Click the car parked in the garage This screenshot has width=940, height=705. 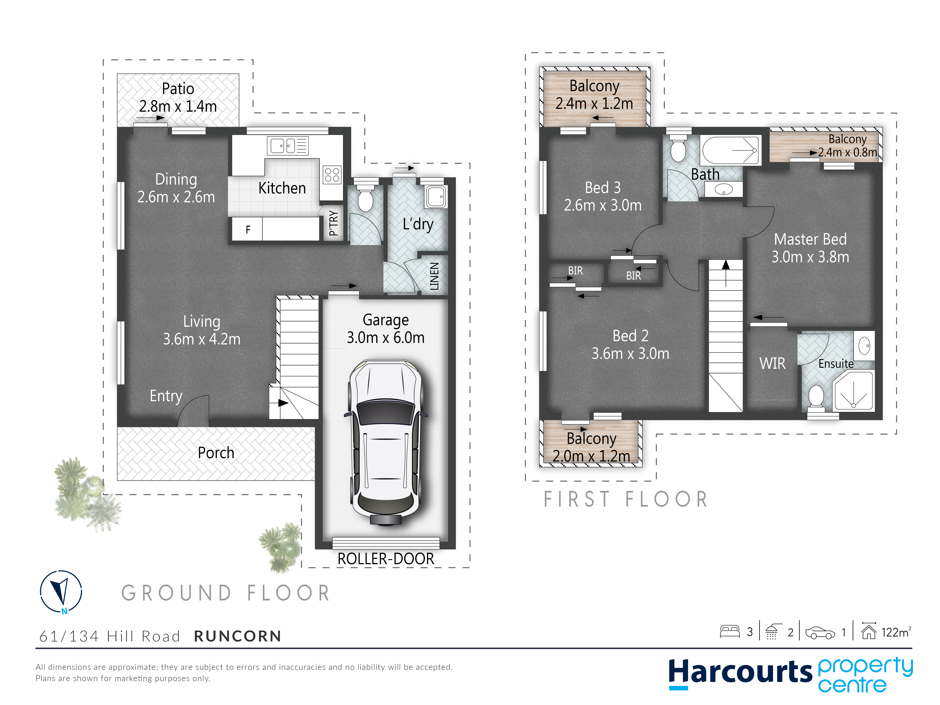385,442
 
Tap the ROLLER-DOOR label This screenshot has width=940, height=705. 386,559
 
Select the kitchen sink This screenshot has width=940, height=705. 287,146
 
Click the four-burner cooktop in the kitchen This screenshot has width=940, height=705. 332,174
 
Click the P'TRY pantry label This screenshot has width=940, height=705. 334,223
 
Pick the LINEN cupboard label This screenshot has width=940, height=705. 434,276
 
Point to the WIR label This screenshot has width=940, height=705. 772,363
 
